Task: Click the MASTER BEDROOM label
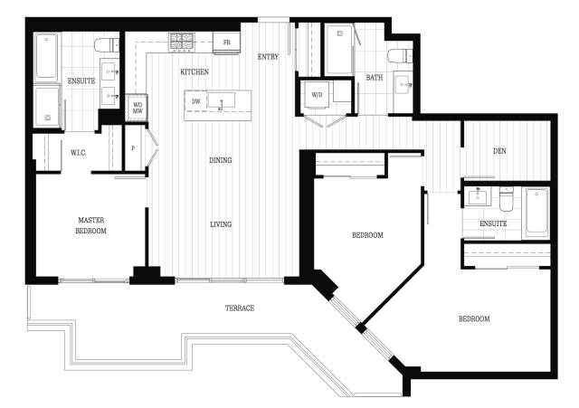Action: (90, 225)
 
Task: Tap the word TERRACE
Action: (240, 308)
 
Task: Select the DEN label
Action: (499, 151)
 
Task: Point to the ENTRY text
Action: (268, 57)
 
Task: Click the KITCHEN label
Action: (195, 72)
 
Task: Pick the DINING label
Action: (221, 160)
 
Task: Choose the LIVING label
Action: (221, 224)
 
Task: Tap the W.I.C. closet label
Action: (79, 153)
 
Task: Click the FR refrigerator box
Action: (227, 43)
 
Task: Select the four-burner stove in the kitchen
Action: (182, 42)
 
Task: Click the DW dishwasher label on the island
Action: (196, 100)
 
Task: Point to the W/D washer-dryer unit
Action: (317, 95)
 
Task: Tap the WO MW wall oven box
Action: (138, 108)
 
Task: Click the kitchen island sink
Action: (221, 100)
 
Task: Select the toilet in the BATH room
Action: (400, 55)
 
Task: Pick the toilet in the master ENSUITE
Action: (107, 45)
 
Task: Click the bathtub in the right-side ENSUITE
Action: (536, 211)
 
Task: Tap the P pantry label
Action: (133, 148)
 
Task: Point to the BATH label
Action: (374, 78)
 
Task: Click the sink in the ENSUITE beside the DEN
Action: (479, 195)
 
